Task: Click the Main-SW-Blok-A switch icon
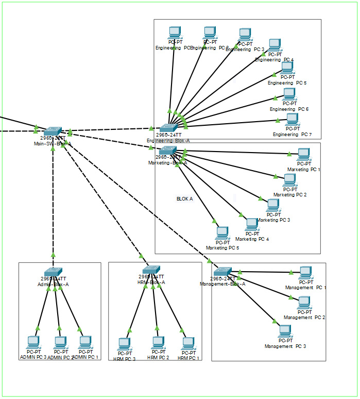coord(53,132)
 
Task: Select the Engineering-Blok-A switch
coord(167,127)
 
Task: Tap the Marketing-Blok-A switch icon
coord(168,150)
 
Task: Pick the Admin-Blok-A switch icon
coord(53,272)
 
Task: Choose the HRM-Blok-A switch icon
coord(151,270)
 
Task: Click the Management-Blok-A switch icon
coord(223,271)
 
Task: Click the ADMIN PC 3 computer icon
coord(33,342)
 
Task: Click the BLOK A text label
coord(184,198)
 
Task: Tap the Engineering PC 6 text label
coord(289,109)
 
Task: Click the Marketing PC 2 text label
coord(290,195)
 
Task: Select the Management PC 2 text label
coord(304,318)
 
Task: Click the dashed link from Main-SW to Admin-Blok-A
coord(53,201)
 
